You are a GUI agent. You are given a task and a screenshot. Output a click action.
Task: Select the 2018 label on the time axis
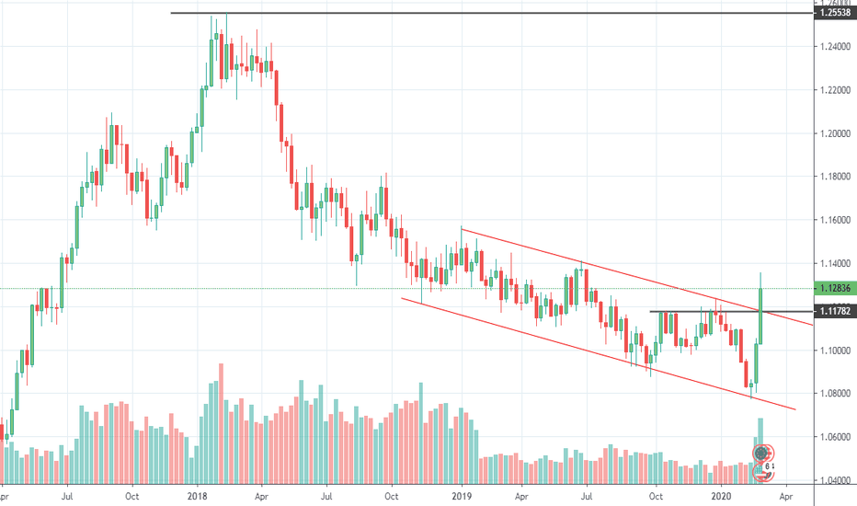coord(198,495)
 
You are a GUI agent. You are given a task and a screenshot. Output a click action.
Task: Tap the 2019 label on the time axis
coord(460,495)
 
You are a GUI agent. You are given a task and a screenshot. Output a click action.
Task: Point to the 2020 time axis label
coord(722,495)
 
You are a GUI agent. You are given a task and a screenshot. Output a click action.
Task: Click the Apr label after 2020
coord(788,495)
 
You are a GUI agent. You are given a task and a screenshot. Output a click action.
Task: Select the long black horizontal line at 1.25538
coord(460,14)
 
